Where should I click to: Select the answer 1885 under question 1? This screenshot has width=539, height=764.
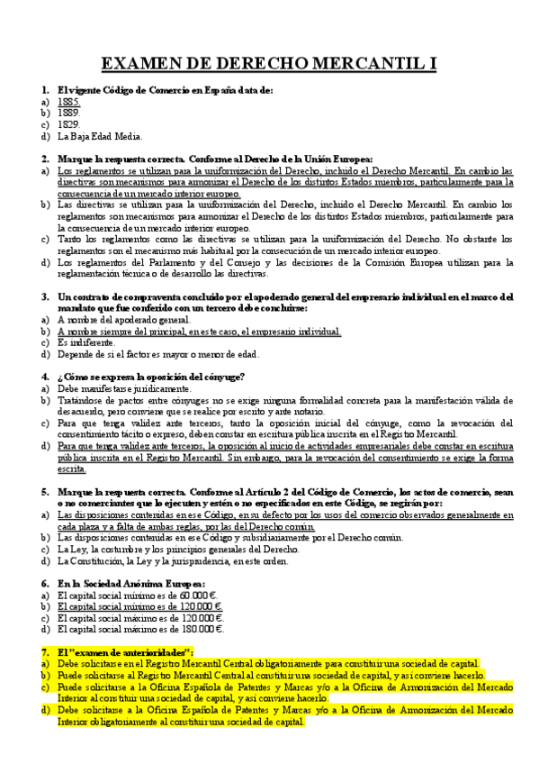coord(68,103)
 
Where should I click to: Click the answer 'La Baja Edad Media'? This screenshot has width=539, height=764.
coord(100,136)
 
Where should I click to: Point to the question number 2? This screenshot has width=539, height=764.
coord(45,159)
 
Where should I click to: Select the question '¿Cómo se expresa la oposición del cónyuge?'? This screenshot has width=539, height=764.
coord(150,377)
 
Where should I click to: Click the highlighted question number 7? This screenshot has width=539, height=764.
coord(45,651)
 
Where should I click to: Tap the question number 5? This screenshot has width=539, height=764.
coord(45,492)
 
